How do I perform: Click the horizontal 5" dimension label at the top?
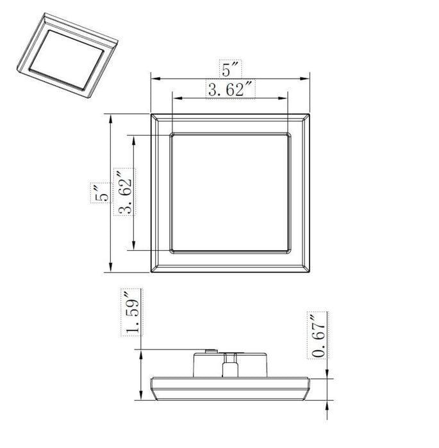230,67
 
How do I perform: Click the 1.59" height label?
132,313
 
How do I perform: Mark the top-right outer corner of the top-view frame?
311,115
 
